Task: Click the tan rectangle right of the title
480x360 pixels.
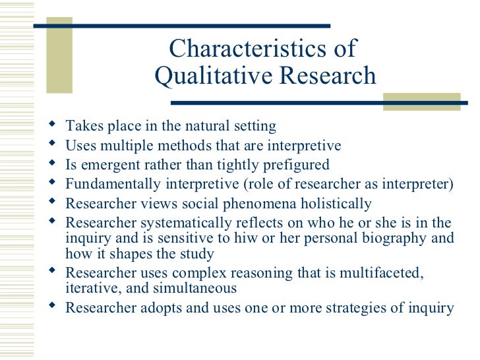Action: click(421, 101)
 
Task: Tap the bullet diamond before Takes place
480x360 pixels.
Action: click(53, 125)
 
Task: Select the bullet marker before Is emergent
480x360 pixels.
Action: click(53, 163)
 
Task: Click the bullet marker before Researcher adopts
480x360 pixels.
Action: click(53, 306)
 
